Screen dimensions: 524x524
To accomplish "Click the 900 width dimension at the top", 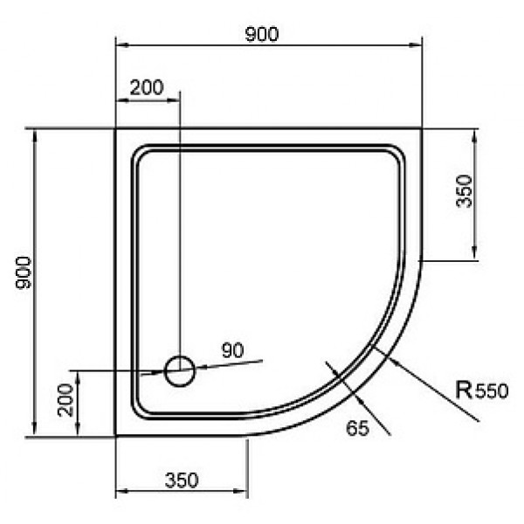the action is (x=262, y=34).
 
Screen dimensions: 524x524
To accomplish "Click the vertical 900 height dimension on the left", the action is (x=24, y=272).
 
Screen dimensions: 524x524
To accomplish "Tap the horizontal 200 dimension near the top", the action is (x=147, y=87).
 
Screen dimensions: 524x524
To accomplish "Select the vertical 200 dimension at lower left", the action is (x=65, y=400).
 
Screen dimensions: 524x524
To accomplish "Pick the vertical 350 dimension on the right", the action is (x=465, y=191).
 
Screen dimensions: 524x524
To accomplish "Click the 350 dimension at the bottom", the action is (x=182, y=480).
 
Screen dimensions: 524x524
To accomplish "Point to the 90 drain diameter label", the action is (x=233, y=350).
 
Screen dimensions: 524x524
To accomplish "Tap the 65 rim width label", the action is (x=357, y=428).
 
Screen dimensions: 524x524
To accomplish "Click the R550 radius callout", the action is (x=481, y=390).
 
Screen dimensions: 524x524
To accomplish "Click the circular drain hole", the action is (x=179, y=371).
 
